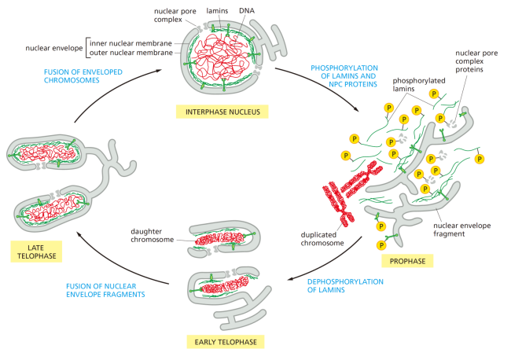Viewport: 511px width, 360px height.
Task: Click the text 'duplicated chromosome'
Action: tap(321, 238)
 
